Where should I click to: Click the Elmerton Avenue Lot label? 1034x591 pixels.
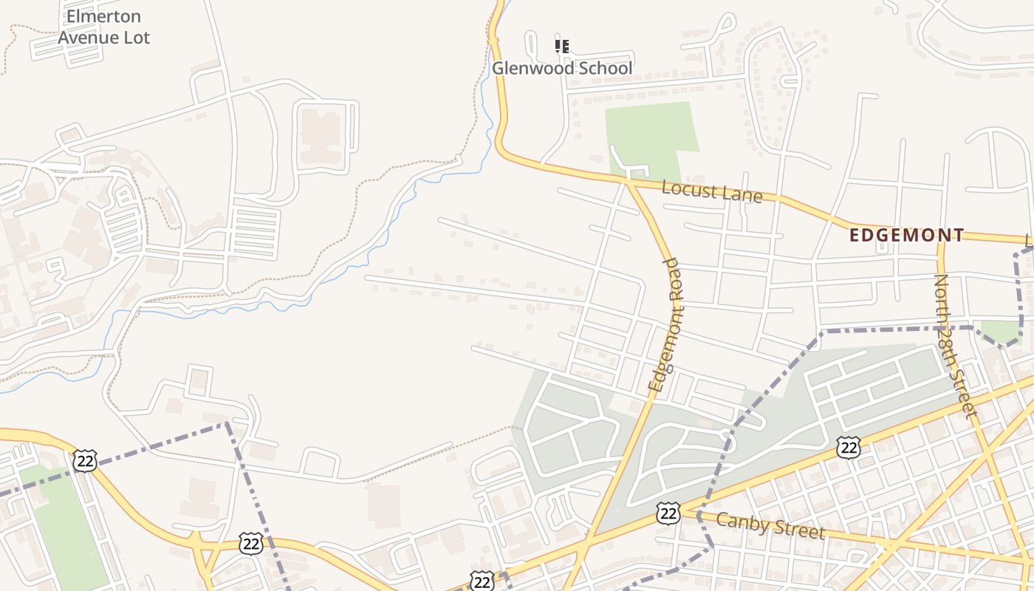click(103, 27)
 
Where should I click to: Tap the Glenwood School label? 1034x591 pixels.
click(562, 69)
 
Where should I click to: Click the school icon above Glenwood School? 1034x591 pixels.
click(562, 47)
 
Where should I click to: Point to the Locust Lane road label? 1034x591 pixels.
click(712, 191)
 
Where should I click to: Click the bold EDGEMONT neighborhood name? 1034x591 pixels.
click(907, 236)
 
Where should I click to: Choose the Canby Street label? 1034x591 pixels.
click(770, 525)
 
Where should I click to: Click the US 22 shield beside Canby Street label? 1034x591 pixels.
click(668, 513)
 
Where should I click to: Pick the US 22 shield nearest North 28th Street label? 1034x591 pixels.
click(849, 447)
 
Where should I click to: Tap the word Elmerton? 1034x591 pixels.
click(103, 16)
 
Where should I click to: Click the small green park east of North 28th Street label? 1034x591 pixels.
click(1001, 332)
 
